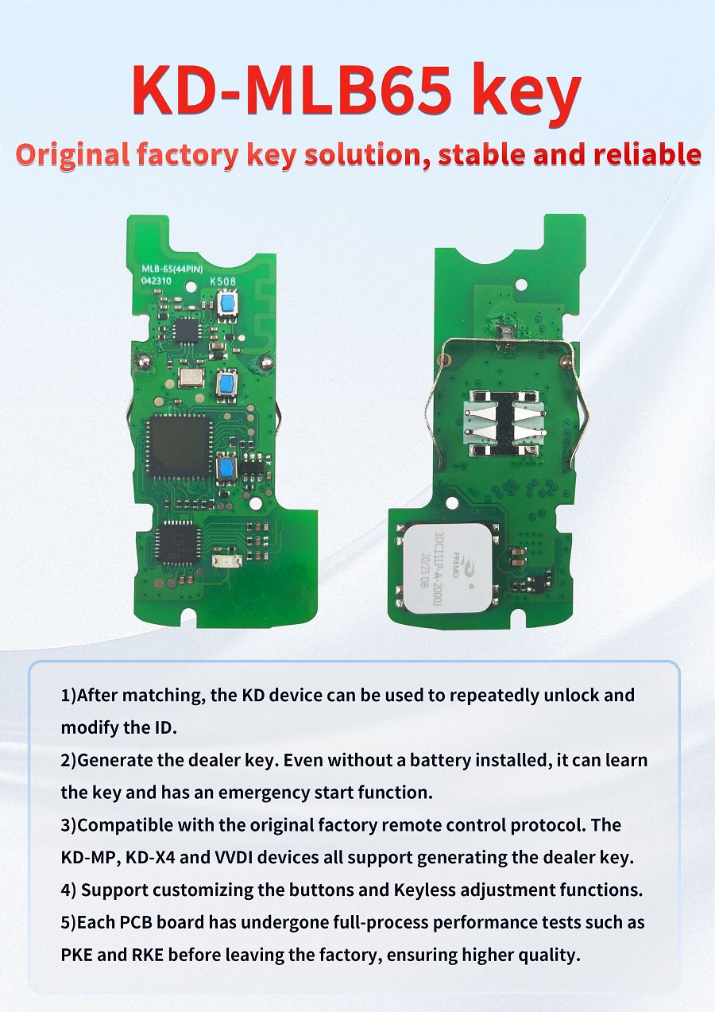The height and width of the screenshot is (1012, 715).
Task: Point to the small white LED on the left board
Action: [222, 561]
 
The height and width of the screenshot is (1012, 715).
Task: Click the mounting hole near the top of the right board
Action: [522, 283]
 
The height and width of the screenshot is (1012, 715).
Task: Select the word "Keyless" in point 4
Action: [424, 890]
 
